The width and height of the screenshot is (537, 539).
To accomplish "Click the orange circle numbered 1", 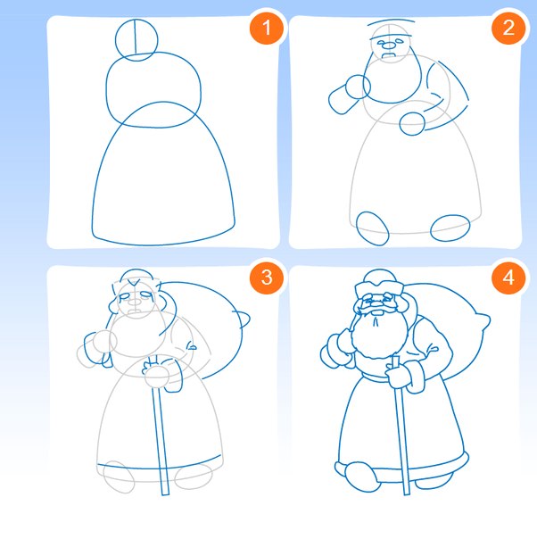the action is click(x=267, y=28).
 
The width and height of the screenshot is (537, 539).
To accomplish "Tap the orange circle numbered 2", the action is click(x=508, y=28).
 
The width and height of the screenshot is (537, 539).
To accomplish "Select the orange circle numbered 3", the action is click(x=267, y=278).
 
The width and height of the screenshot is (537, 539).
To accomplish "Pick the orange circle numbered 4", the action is click(x=508, y=278).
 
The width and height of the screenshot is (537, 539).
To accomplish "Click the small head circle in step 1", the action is click(x=116, y=39).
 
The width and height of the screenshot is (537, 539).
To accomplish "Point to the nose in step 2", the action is click(x=389, y=45).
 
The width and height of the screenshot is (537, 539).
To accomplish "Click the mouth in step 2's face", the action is click(x=389, y=55).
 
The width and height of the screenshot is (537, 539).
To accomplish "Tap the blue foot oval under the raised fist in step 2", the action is click(x=373, y=228).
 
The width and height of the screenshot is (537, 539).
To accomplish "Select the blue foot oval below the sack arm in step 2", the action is click(x=450, y=228).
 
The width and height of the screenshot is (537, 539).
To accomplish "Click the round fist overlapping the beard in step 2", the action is click(x=358, y=87).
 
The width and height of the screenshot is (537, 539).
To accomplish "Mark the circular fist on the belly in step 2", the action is click(x=412, y=124).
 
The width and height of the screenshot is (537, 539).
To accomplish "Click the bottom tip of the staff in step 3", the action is click(x=165, y=494).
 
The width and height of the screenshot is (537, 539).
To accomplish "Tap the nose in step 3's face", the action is click(x=135, y=303).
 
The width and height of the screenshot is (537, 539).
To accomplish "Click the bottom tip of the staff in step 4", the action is click(x=407, y=494).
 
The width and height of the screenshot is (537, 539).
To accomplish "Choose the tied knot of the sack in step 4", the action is click(x=483, y=321).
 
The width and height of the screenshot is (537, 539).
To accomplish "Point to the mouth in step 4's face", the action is click(x=377, y=313).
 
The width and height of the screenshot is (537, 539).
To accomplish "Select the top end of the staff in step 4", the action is click(x=396, y=358).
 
